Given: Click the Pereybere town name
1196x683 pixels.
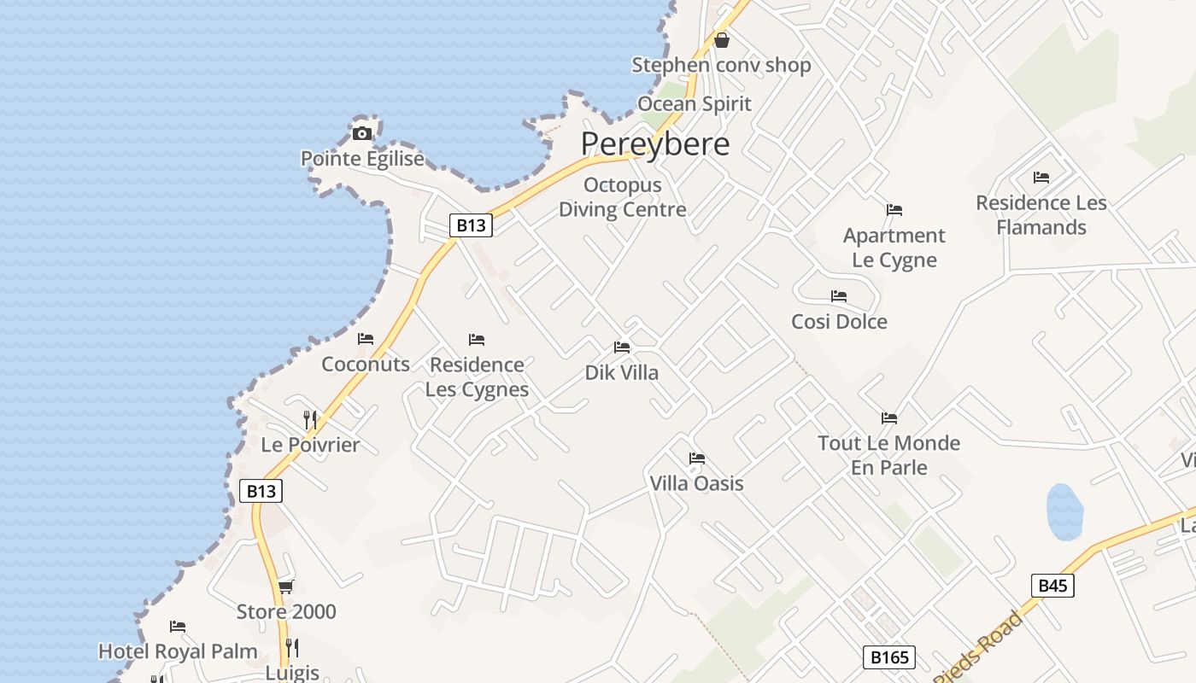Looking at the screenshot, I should pos(655,143).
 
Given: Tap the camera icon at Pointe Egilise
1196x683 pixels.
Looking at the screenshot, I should pos(362,133).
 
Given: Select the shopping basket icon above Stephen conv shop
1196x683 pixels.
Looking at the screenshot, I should pos(722,40).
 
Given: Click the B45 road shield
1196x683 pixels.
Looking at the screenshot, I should pos(1052,586).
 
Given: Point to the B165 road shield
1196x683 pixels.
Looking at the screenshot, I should pos(889,657).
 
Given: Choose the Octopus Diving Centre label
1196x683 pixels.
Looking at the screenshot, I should pos(622,197).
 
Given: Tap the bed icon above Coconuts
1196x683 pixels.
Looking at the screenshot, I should pos(366,339).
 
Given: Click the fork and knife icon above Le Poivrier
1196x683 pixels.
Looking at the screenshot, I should pos(310,419).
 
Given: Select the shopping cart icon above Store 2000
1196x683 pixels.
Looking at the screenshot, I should pos(285,587).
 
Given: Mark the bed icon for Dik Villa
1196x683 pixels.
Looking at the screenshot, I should pos(622,347).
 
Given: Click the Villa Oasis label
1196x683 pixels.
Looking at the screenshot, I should pos(696,483).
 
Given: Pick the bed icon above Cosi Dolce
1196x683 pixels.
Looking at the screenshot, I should pos(839,296).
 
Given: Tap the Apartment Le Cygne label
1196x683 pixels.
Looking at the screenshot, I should pos(894,248).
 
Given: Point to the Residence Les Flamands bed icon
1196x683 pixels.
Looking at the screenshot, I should pos(1041,178).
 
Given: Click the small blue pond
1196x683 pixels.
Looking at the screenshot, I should pos(1064,512).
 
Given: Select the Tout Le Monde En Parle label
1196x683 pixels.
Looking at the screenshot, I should pos(888,455).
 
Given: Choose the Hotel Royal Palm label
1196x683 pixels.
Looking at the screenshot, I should pos(178,651).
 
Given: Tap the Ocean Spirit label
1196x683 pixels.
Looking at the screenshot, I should pos(695,104).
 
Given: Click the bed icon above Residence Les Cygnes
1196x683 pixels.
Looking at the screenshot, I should pos(477,340).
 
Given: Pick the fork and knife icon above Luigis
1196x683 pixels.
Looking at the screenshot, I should pos(292,647).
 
